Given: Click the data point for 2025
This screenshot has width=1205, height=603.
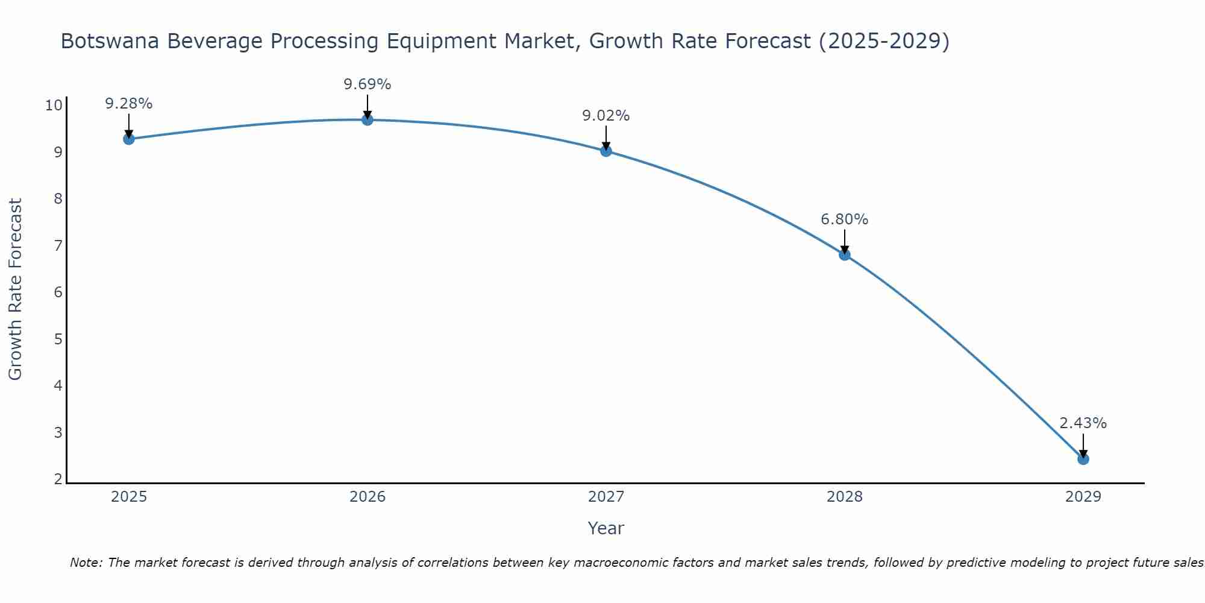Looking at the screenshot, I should tap(128, 139).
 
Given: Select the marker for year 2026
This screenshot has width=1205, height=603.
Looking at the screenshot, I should tap(367, 119).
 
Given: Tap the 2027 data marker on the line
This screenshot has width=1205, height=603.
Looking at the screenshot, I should tap(606, 151).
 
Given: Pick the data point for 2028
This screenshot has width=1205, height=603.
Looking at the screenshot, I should tap(844, 254).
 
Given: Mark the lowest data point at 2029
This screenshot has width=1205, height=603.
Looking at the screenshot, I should tap(1083, 459).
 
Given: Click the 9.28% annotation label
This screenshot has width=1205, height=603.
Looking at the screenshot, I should tap(128, 104).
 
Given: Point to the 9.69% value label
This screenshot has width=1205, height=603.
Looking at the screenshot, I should tap(367, 84).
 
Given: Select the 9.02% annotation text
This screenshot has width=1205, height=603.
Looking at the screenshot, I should tap(606, 116).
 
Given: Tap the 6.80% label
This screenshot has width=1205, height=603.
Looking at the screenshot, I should tap(844, 219).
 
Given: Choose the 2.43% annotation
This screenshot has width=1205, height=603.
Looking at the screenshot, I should tap(1083, 423).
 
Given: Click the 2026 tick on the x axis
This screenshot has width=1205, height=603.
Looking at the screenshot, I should tap(368, 497).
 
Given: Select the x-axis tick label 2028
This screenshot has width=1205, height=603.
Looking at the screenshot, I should tap(844, 497).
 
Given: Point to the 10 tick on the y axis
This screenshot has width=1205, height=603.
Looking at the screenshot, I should tap(54, 106).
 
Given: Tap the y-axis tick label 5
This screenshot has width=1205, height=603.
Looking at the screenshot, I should tap(58, 339).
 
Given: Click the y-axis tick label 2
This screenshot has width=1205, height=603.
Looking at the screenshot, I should tap(58, 479).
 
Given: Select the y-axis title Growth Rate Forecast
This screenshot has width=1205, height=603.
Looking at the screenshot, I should tap(15, 289).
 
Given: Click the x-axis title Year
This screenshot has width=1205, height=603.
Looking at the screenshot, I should tap(606, 528).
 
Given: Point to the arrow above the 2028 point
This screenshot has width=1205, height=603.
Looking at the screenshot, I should tap(844, 241).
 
